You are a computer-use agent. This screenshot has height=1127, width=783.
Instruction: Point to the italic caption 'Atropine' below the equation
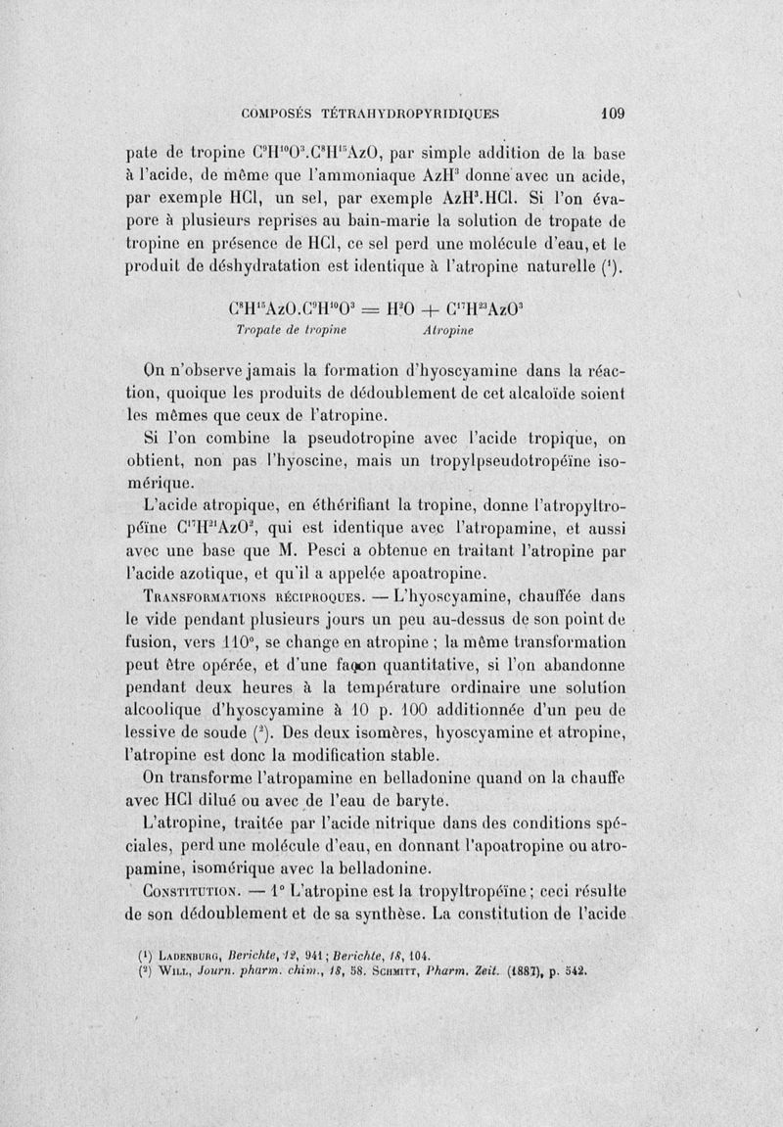[446, 331]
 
